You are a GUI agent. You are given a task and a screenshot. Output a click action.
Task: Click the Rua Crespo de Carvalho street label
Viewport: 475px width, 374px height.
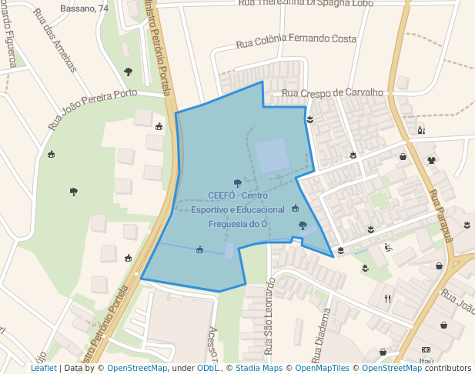pos(333,93)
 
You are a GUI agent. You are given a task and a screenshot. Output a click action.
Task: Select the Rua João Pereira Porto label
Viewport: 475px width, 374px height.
pos(92,109)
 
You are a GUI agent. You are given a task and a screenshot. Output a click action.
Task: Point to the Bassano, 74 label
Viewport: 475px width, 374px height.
pos(84,9)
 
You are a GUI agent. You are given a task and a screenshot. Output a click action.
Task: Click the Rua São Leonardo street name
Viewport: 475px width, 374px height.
pos(269,316)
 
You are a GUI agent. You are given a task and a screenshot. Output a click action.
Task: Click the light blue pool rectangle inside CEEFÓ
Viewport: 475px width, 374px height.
pos(273,155)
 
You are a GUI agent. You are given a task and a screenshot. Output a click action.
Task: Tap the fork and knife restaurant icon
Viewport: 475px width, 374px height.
pos(387,298)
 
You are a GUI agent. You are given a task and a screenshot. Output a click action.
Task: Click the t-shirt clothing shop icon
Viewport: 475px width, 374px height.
pos(431,160)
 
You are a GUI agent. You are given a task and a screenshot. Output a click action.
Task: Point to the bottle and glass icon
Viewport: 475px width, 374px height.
pos(420,130)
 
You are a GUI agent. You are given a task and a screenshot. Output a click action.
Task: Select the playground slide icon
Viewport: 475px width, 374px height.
pos(388,247)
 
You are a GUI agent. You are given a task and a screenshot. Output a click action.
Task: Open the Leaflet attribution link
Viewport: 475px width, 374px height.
pos(44,369)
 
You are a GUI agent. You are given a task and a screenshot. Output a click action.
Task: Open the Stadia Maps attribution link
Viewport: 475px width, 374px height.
pos(257,369)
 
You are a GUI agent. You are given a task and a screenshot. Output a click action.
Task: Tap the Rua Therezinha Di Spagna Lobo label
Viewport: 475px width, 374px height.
pos(306,4)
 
